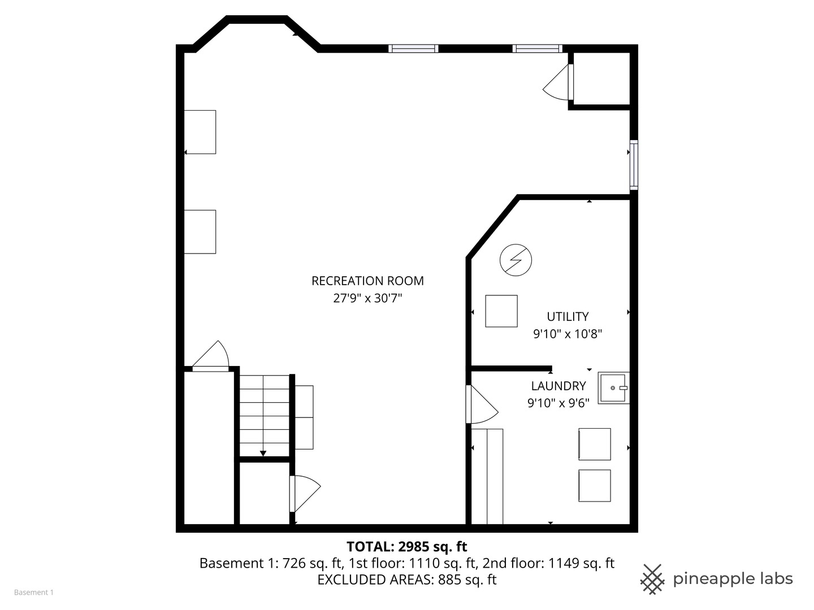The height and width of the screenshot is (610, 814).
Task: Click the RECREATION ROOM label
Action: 367,281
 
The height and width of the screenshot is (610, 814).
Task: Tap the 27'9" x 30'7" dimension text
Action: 367,298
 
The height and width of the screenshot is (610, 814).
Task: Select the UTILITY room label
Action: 568,316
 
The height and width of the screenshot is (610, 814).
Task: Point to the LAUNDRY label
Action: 558,386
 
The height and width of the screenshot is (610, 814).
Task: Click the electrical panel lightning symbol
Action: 516,260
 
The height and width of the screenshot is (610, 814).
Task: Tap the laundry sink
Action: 613,388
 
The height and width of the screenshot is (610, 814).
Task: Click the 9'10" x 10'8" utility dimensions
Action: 568,334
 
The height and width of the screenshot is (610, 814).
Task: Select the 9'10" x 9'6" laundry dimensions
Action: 558,403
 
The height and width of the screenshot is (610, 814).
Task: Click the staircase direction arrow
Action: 263,452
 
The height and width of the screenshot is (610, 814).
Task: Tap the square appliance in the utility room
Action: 501,311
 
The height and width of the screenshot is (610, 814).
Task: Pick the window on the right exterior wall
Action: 634,165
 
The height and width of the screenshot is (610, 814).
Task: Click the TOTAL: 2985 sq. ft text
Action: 406,546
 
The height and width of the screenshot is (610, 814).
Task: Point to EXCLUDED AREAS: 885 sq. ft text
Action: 406,579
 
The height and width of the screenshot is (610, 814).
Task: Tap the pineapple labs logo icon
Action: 652,579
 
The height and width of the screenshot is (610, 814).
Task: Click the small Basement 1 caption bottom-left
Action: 33,592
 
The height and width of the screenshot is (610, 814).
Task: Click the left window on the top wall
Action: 413,49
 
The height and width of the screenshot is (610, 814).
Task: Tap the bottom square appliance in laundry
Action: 594,485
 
